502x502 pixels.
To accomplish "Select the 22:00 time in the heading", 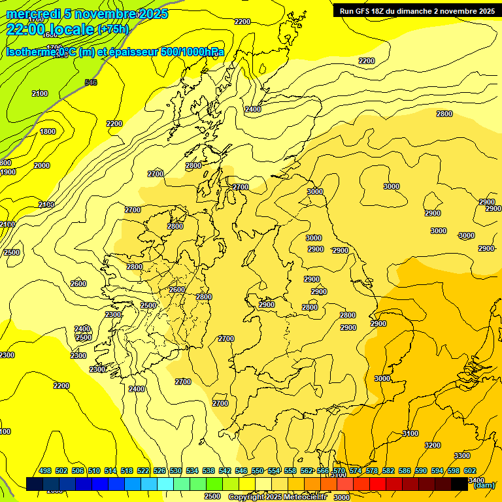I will pos(26,29).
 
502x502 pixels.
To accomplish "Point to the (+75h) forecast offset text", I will pos(112,29).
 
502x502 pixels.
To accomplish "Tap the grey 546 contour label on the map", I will pos(91,82).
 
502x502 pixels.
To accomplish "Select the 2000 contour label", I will pos(41,166).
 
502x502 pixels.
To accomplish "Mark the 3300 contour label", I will pos(461,456).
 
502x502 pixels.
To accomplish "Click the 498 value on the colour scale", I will pos(45,471).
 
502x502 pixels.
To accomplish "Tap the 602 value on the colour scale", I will pos(470,471).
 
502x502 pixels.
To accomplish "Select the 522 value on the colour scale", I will pos(143,471).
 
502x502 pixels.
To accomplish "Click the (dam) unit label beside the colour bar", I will pos(484,486).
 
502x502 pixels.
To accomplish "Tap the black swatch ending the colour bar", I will pos(460,484).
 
